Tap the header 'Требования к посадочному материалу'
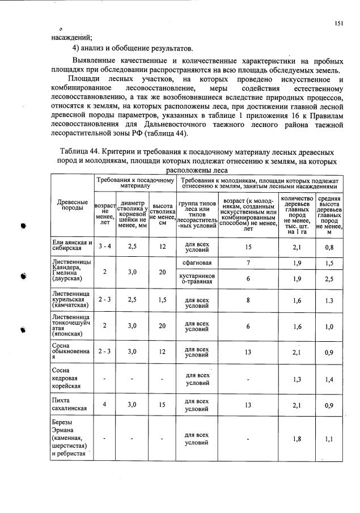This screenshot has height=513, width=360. [x=135, y=182]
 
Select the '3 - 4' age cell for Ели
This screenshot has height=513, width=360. [x=105, y=247]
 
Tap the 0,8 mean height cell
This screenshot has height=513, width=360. [x=329, y=247]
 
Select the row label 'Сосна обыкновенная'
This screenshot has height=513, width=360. [x=72, y=351]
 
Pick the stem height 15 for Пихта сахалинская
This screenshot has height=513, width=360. [x=162, y=405]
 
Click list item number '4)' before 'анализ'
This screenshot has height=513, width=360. [x=69, y=48]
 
